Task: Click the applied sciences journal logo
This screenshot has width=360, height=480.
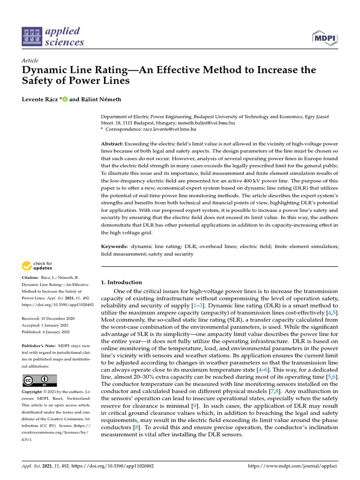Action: point(53,37)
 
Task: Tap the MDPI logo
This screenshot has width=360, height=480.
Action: point(323,37)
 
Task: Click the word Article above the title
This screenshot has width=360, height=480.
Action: point(30,60)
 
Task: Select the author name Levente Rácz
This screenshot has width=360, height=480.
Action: point(40,99)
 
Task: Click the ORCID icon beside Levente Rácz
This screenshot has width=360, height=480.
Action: point(65,99)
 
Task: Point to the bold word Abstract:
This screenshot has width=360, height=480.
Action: point(112,143)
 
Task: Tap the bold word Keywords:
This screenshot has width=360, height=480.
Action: point(114,246)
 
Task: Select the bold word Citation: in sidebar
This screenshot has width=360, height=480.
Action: point(30,278)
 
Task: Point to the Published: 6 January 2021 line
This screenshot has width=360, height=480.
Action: point(46,332)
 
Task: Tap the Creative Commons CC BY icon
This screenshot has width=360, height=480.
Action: point(39,380)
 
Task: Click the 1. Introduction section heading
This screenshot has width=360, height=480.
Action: point(121,282)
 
